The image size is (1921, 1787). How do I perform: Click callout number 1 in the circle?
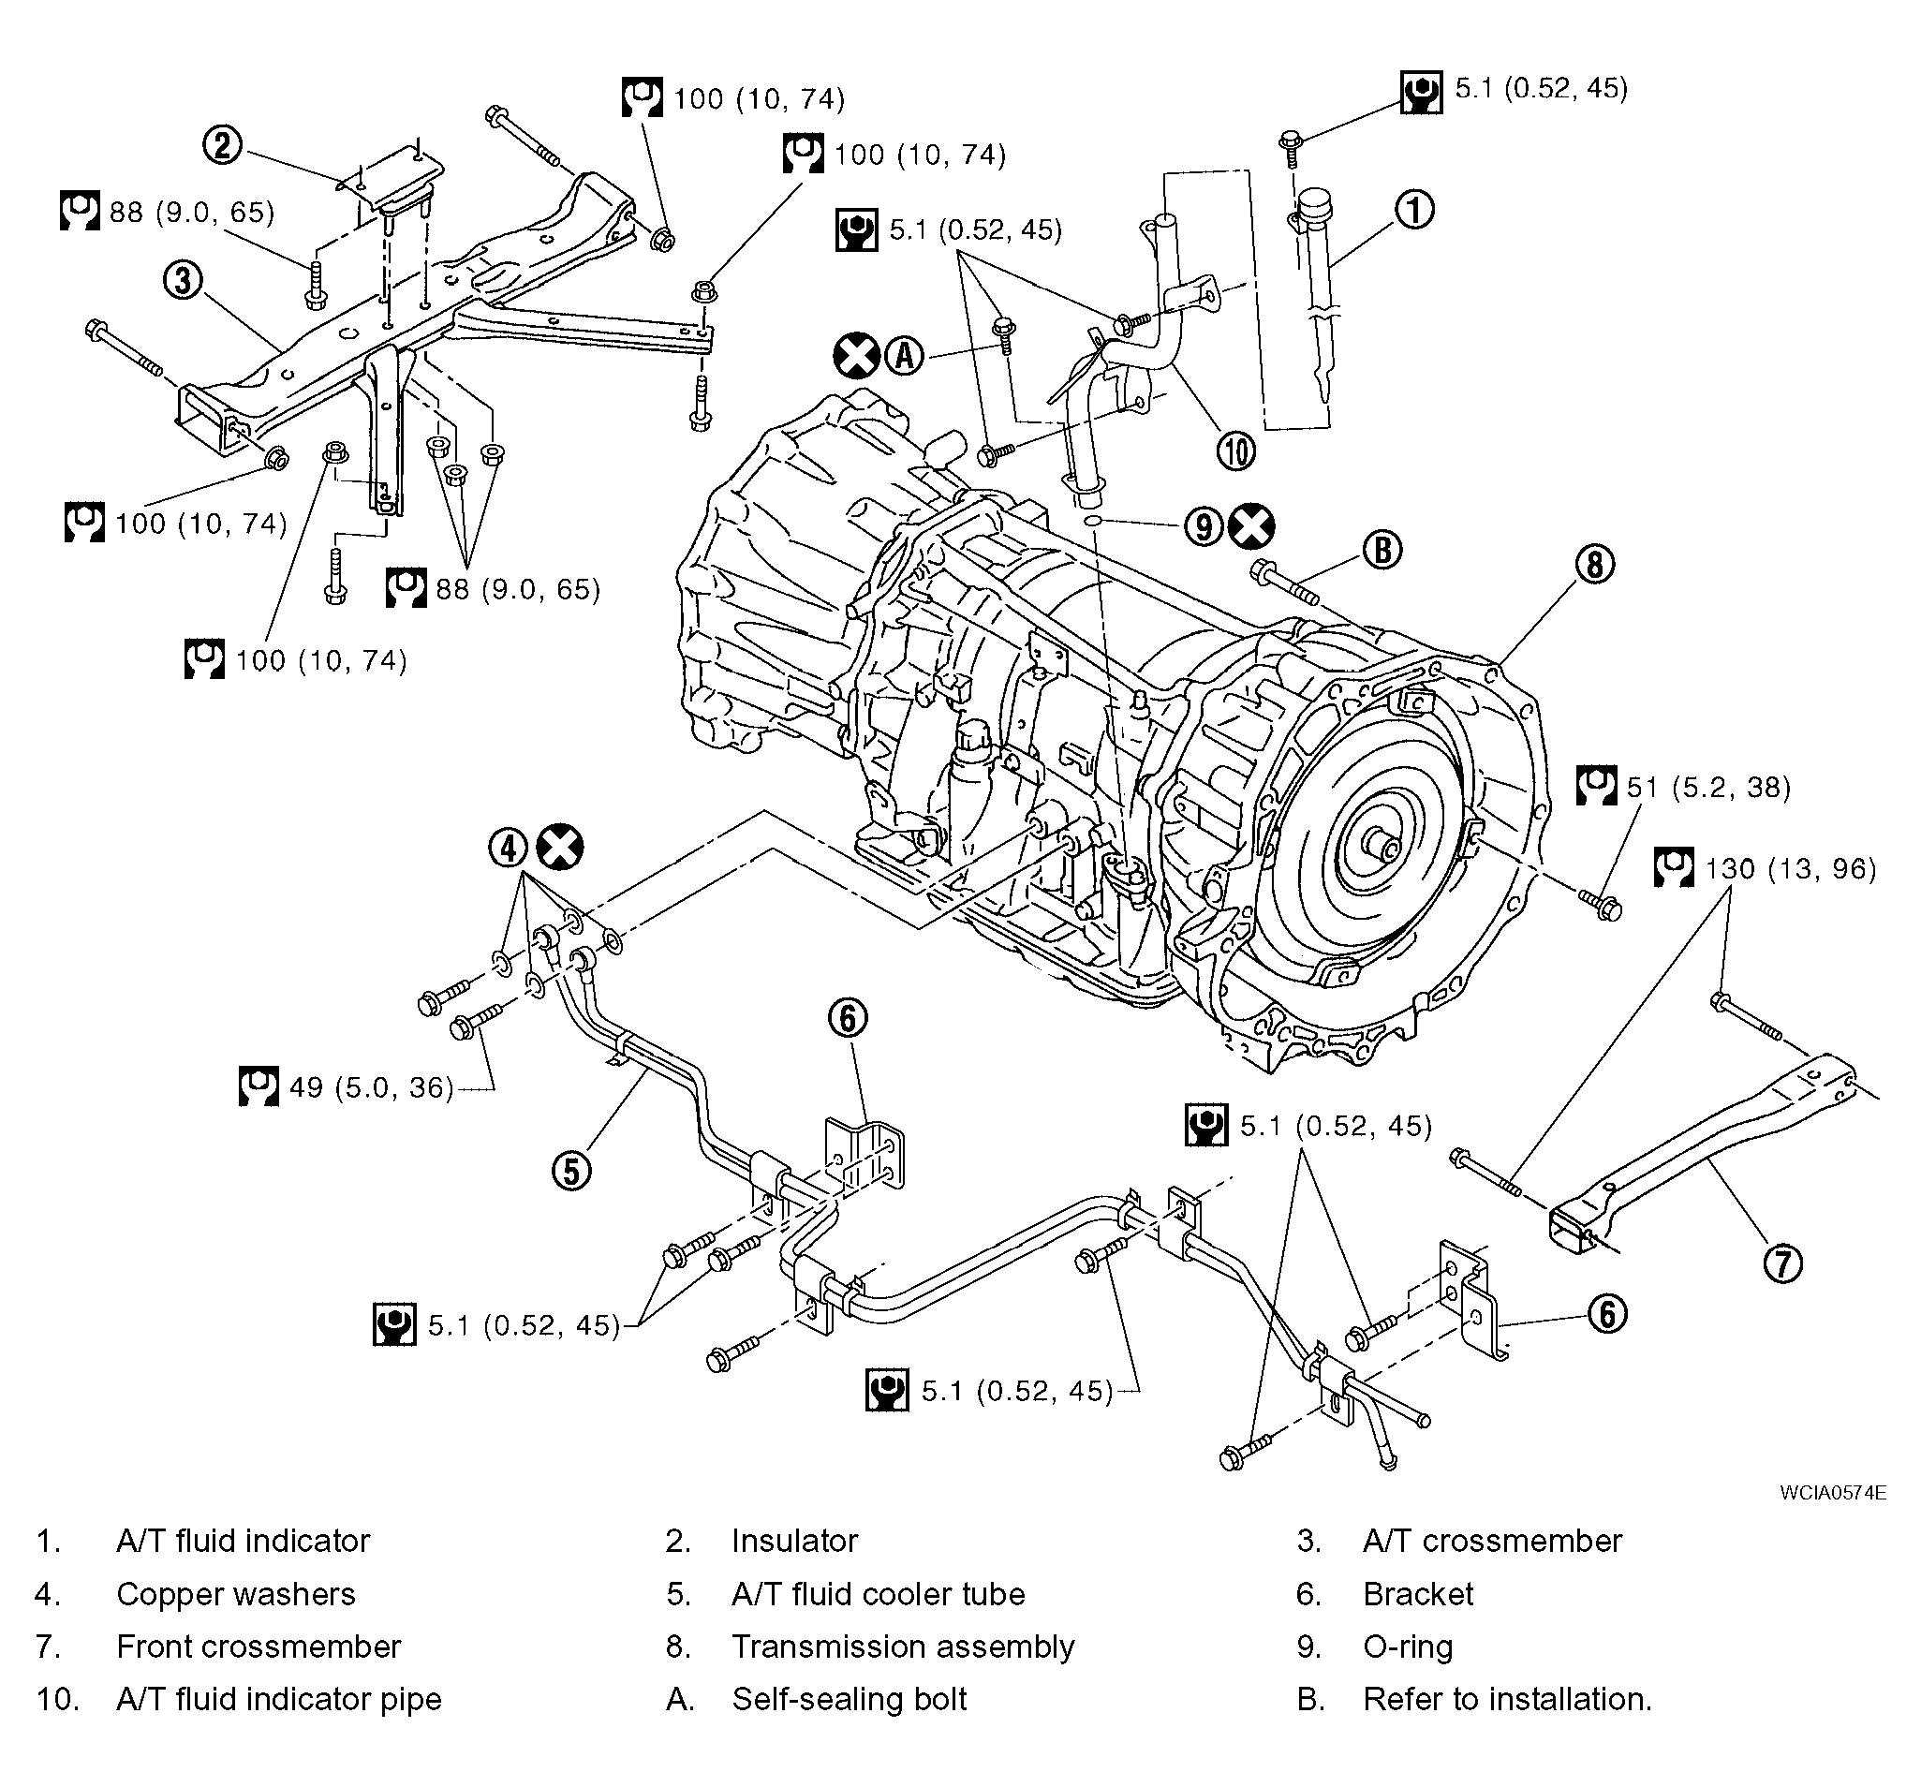[x=1414, y=209]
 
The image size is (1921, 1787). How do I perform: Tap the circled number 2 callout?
[x=222, y=146]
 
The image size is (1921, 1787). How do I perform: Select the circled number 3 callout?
[x=183, y=280]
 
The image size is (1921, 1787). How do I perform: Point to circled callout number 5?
[x=571, y=1171]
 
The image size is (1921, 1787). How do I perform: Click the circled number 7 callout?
[x=1782, y=1263]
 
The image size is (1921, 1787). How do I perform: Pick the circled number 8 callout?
[x=1594, y=564]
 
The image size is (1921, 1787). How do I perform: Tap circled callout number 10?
[x=1236, y=450]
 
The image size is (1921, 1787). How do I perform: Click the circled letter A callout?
[x=905, y=356]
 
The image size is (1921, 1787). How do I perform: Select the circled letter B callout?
[x=1382, y=550]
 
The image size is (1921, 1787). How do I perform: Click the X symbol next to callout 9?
[x=1251, y=526]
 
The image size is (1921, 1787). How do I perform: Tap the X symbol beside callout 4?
[x=560, y=849]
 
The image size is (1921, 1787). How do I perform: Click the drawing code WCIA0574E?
[x=1832, y=1492]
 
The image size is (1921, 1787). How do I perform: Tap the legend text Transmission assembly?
[x=903, y=1646]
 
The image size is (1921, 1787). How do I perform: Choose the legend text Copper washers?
[x=236, y=1594]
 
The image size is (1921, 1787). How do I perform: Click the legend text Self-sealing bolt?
[x=850, y=1699]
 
